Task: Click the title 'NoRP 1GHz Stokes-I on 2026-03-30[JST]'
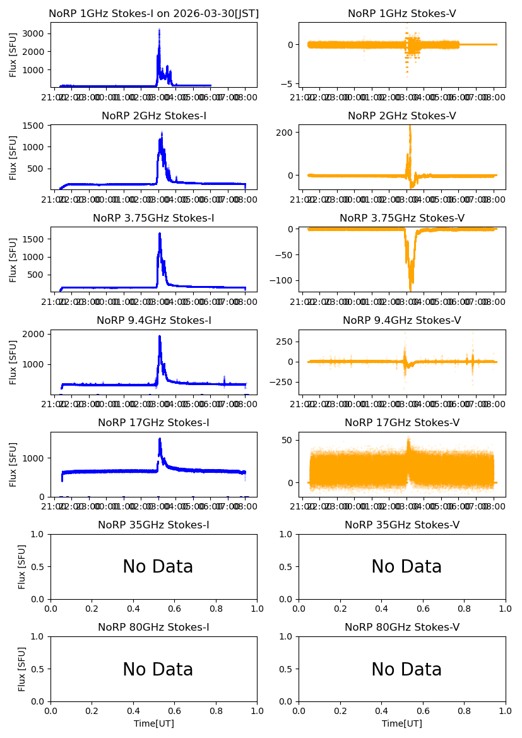pyautogui.click(x=153, y=13)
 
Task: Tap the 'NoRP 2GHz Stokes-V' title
pyautogui.click(x=402, y=116)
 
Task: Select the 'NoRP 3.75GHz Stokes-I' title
pyautogui.click(x=153, y=218)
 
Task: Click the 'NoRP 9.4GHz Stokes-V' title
pyautogui.click(x=402, y=320)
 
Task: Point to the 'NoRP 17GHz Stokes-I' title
pyautogui.click(x=153, y=422)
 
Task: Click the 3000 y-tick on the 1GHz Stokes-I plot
pyautogui.click(x=36, y=33)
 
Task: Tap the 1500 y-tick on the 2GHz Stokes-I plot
pyautogui.click(x=36, y=126)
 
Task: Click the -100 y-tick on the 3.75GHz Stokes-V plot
pyautogui.click(x=282, y=280)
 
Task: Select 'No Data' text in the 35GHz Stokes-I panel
pyautogui.click(x=158, y=567)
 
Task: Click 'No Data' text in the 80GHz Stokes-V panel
pyautogui.click(x=406, y=669)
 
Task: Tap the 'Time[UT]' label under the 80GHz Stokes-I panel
pyautogui.click(x=153, y=723)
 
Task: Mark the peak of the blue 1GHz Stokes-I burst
pyautogui.click(x=159, y=29)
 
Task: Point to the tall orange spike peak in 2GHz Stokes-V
pyautogui.click(x=410, y=126)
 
